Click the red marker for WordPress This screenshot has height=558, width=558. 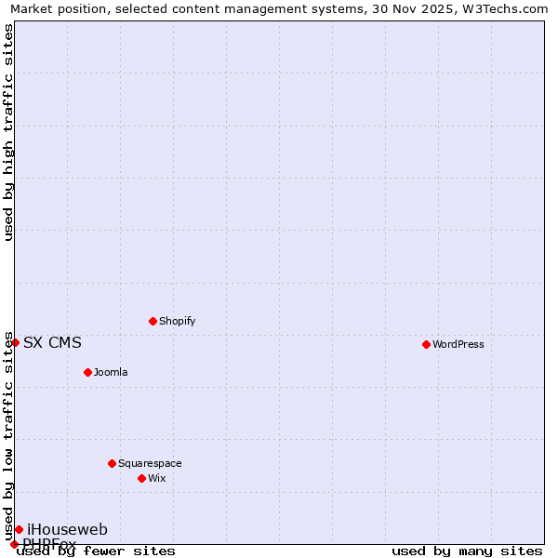426,344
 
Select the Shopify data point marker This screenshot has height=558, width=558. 153,321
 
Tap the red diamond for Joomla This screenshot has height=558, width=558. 87,372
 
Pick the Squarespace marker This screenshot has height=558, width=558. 112,463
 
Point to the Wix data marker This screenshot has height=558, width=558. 141,478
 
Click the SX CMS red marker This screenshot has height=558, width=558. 15,342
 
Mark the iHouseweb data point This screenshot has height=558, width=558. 19,529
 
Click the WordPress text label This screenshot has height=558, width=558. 458,344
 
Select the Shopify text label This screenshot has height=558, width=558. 178,321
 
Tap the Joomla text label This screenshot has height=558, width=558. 111,372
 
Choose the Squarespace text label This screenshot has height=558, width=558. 150,463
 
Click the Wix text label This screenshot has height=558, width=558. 157,478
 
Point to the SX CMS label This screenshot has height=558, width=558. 52,342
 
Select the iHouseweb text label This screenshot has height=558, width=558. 67,529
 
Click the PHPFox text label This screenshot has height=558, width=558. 49,543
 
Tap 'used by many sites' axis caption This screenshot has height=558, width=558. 467,551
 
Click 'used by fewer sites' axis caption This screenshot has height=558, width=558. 96,551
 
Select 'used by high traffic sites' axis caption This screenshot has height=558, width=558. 8,132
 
